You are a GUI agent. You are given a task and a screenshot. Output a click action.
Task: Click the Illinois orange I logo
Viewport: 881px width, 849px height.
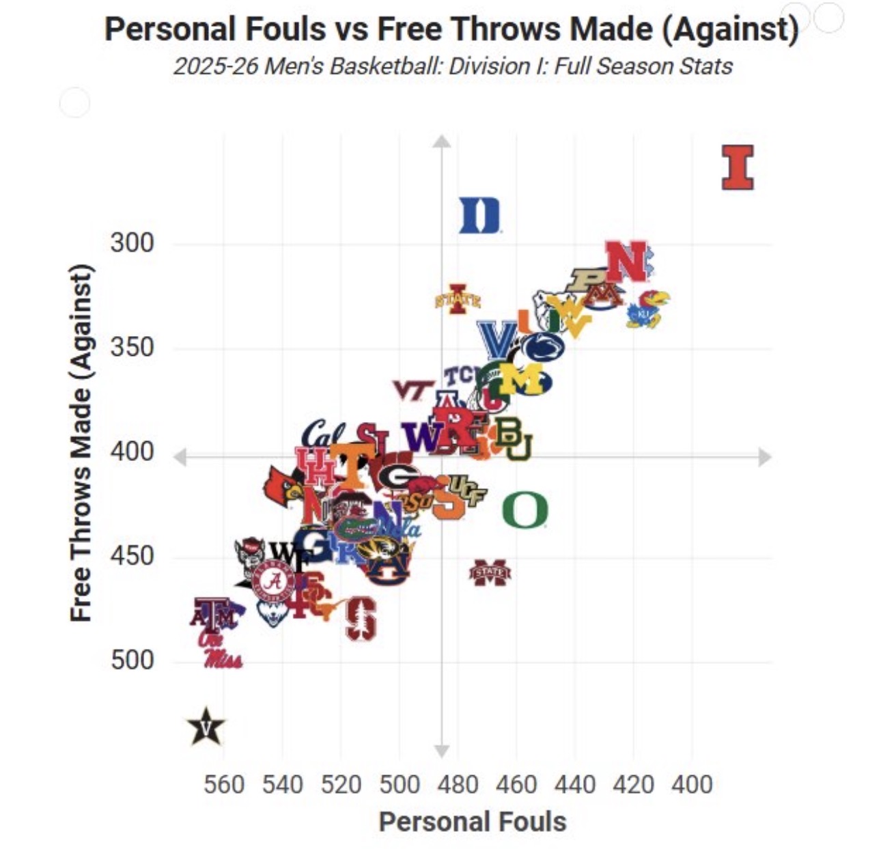click(x=738, y=167)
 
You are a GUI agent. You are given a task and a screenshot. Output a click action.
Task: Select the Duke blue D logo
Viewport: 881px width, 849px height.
click(x=479, y=215)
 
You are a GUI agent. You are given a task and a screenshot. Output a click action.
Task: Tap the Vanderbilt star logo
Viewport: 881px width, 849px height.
click(x=206, y=727)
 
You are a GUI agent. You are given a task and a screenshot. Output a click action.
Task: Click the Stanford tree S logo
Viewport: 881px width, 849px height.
click(x=360, y=618)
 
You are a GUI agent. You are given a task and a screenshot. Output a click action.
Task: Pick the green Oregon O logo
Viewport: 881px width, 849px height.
click(x=525, y=510)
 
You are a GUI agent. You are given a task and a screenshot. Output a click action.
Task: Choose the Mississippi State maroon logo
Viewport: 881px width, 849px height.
click(x=490, y=572)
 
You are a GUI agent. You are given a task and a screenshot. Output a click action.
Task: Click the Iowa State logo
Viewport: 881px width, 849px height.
click(x=458, y=298)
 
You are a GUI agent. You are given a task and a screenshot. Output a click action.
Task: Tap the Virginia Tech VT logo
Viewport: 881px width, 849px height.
click(x=412, y=389)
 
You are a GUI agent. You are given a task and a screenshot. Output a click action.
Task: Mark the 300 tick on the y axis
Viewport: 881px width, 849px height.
click(x=132, y=242)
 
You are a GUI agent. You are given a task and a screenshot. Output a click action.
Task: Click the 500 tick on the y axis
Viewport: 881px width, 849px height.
click(x=132, y=660)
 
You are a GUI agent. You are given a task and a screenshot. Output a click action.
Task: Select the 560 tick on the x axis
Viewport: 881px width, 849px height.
click(x=224, y=784)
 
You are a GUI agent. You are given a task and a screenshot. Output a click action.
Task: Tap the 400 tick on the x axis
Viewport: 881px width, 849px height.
click(x=691, y=784)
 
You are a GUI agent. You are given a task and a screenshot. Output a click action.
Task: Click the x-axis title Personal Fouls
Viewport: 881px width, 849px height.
click(x=473, y=822)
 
